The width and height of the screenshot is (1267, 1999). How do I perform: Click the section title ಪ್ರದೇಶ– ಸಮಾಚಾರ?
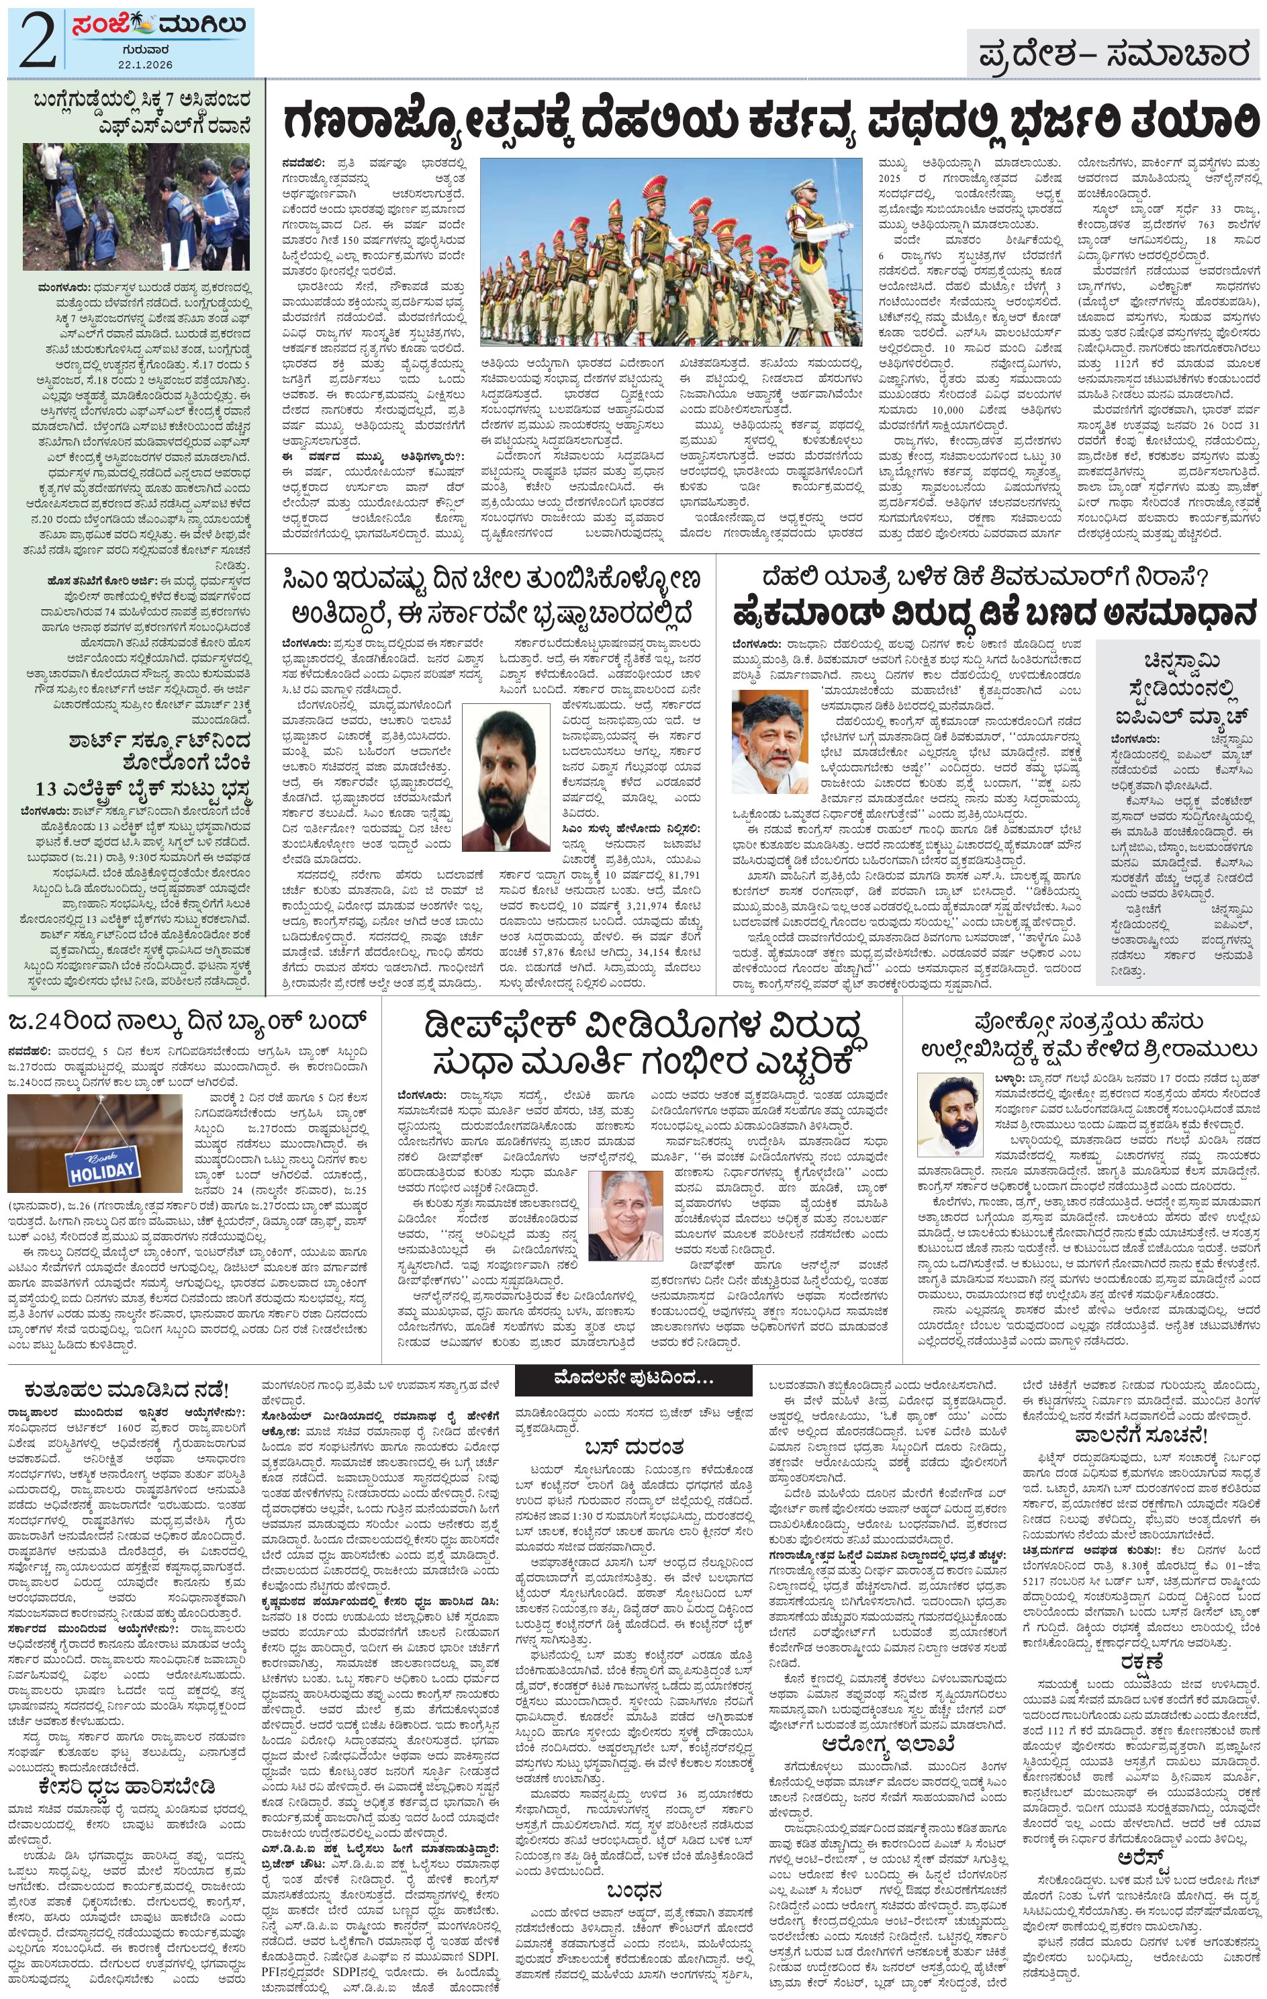pyautogui.click(x=1113, y=55)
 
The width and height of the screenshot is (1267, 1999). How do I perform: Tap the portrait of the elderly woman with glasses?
pyautogui.click(x=620, y=1214)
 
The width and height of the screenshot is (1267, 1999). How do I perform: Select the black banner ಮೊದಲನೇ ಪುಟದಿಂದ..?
pyautogui.click(x=633, y=1378)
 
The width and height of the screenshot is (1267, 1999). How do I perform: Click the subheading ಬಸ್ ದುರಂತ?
pyautogui.click(x=633, y=1446)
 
